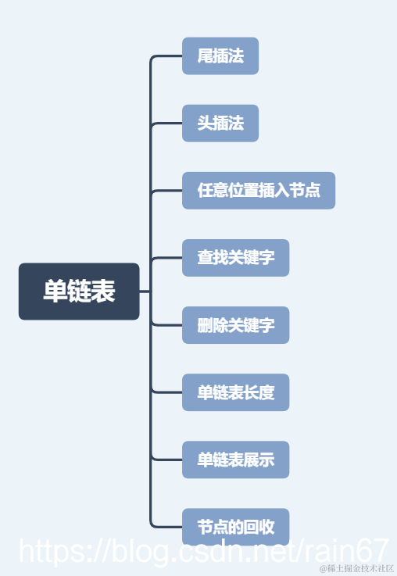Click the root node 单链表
(79, 292)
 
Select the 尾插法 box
(220, 56)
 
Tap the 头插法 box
(220, 123)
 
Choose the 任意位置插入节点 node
(259, 191)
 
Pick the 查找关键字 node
(236, 258)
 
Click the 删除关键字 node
(236, 325)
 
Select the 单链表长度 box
(236, 392)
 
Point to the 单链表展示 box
(236, 460)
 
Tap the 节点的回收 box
(236, 525)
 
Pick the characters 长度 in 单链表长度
(259, 392)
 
